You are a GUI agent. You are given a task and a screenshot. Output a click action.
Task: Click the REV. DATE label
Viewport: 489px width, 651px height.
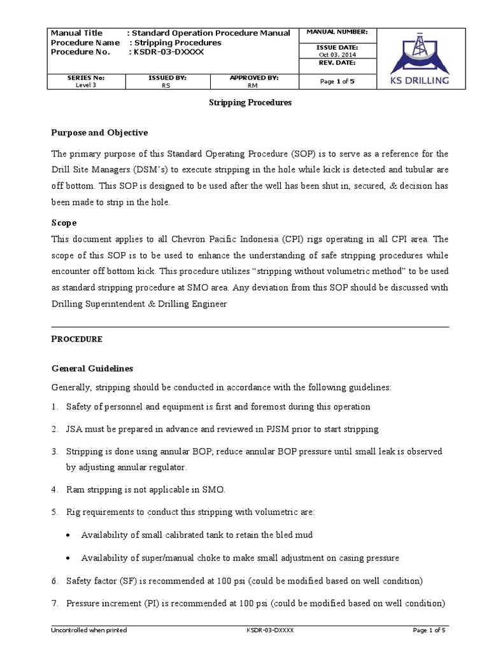(x=337, y=63)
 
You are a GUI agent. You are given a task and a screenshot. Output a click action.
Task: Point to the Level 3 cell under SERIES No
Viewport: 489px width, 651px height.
(x=86, y=85)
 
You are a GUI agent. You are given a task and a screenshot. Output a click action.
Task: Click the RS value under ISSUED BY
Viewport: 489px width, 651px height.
(x=167, y=85)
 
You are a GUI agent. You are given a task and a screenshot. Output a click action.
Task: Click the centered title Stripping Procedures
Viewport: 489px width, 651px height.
(x=250, y=102)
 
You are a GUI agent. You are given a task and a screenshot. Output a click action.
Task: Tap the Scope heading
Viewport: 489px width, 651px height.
(x=64, y=223)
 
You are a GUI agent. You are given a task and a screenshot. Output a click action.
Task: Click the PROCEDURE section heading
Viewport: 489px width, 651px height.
(x=76, y=339)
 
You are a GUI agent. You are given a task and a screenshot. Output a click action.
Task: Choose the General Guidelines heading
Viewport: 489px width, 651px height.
(x=92, y=369)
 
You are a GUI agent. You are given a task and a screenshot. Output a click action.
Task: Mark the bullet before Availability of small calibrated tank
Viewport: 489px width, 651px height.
(x=68, y=535)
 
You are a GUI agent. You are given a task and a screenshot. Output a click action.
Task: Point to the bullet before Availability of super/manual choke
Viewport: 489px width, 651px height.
(x=68, y=558)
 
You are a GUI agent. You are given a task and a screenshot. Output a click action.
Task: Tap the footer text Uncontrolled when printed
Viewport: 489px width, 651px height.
(x=89, y=630)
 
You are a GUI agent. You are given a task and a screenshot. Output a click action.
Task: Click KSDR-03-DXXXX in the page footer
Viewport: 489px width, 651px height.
(x=270, y=630)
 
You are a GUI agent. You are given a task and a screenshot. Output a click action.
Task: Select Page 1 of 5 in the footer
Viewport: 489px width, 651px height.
(x=429, y=630)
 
